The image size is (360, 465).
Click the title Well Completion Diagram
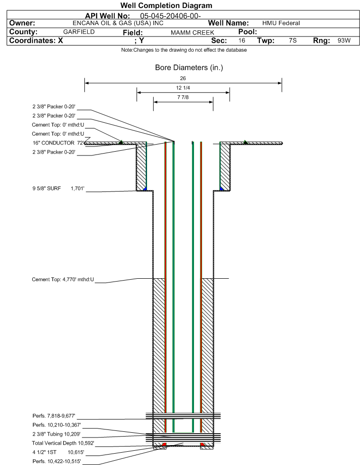point(166,6)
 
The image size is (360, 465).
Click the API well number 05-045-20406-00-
point(171,16)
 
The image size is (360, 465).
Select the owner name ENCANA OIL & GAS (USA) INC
point(111,23)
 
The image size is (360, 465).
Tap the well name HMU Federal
point(281,23)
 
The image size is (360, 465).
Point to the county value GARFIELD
point(79,32)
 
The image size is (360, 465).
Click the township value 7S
point(293,41)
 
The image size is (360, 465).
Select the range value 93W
point(344,41)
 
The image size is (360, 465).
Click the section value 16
point(242,41)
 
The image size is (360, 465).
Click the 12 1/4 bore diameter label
point(183,88)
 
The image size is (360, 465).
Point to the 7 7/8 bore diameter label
point(183,98)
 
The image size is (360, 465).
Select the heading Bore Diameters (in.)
point(189,67)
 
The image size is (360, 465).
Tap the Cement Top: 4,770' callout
point(63,280)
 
